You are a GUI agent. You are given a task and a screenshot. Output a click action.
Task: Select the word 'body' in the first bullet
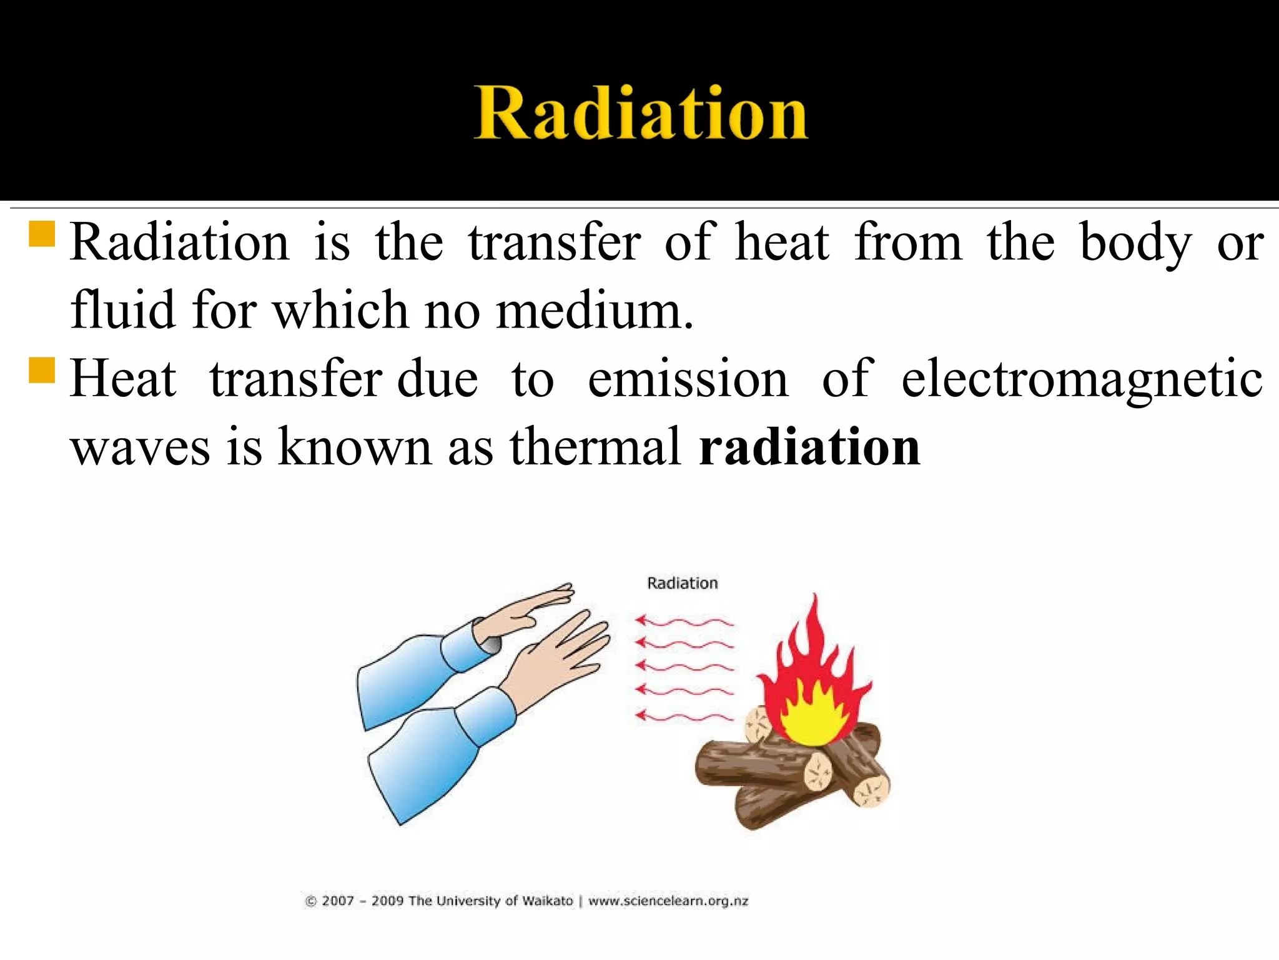(1135, 243)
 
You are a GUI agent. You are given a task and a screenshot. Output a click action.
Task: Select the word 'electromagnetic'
(1082, 380)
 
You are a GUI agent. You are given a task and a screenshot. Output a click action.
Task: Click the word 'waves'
(140, 447)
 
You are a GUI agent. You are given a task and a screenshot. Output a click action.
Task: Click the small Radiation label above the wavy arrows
(682, 583)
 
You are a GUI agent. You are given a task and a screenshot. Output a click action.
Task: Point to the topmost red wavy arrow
(684, 621)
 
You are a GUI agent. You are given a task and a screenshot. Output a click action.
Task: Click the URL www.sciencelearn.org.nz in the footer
(668, 901)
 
